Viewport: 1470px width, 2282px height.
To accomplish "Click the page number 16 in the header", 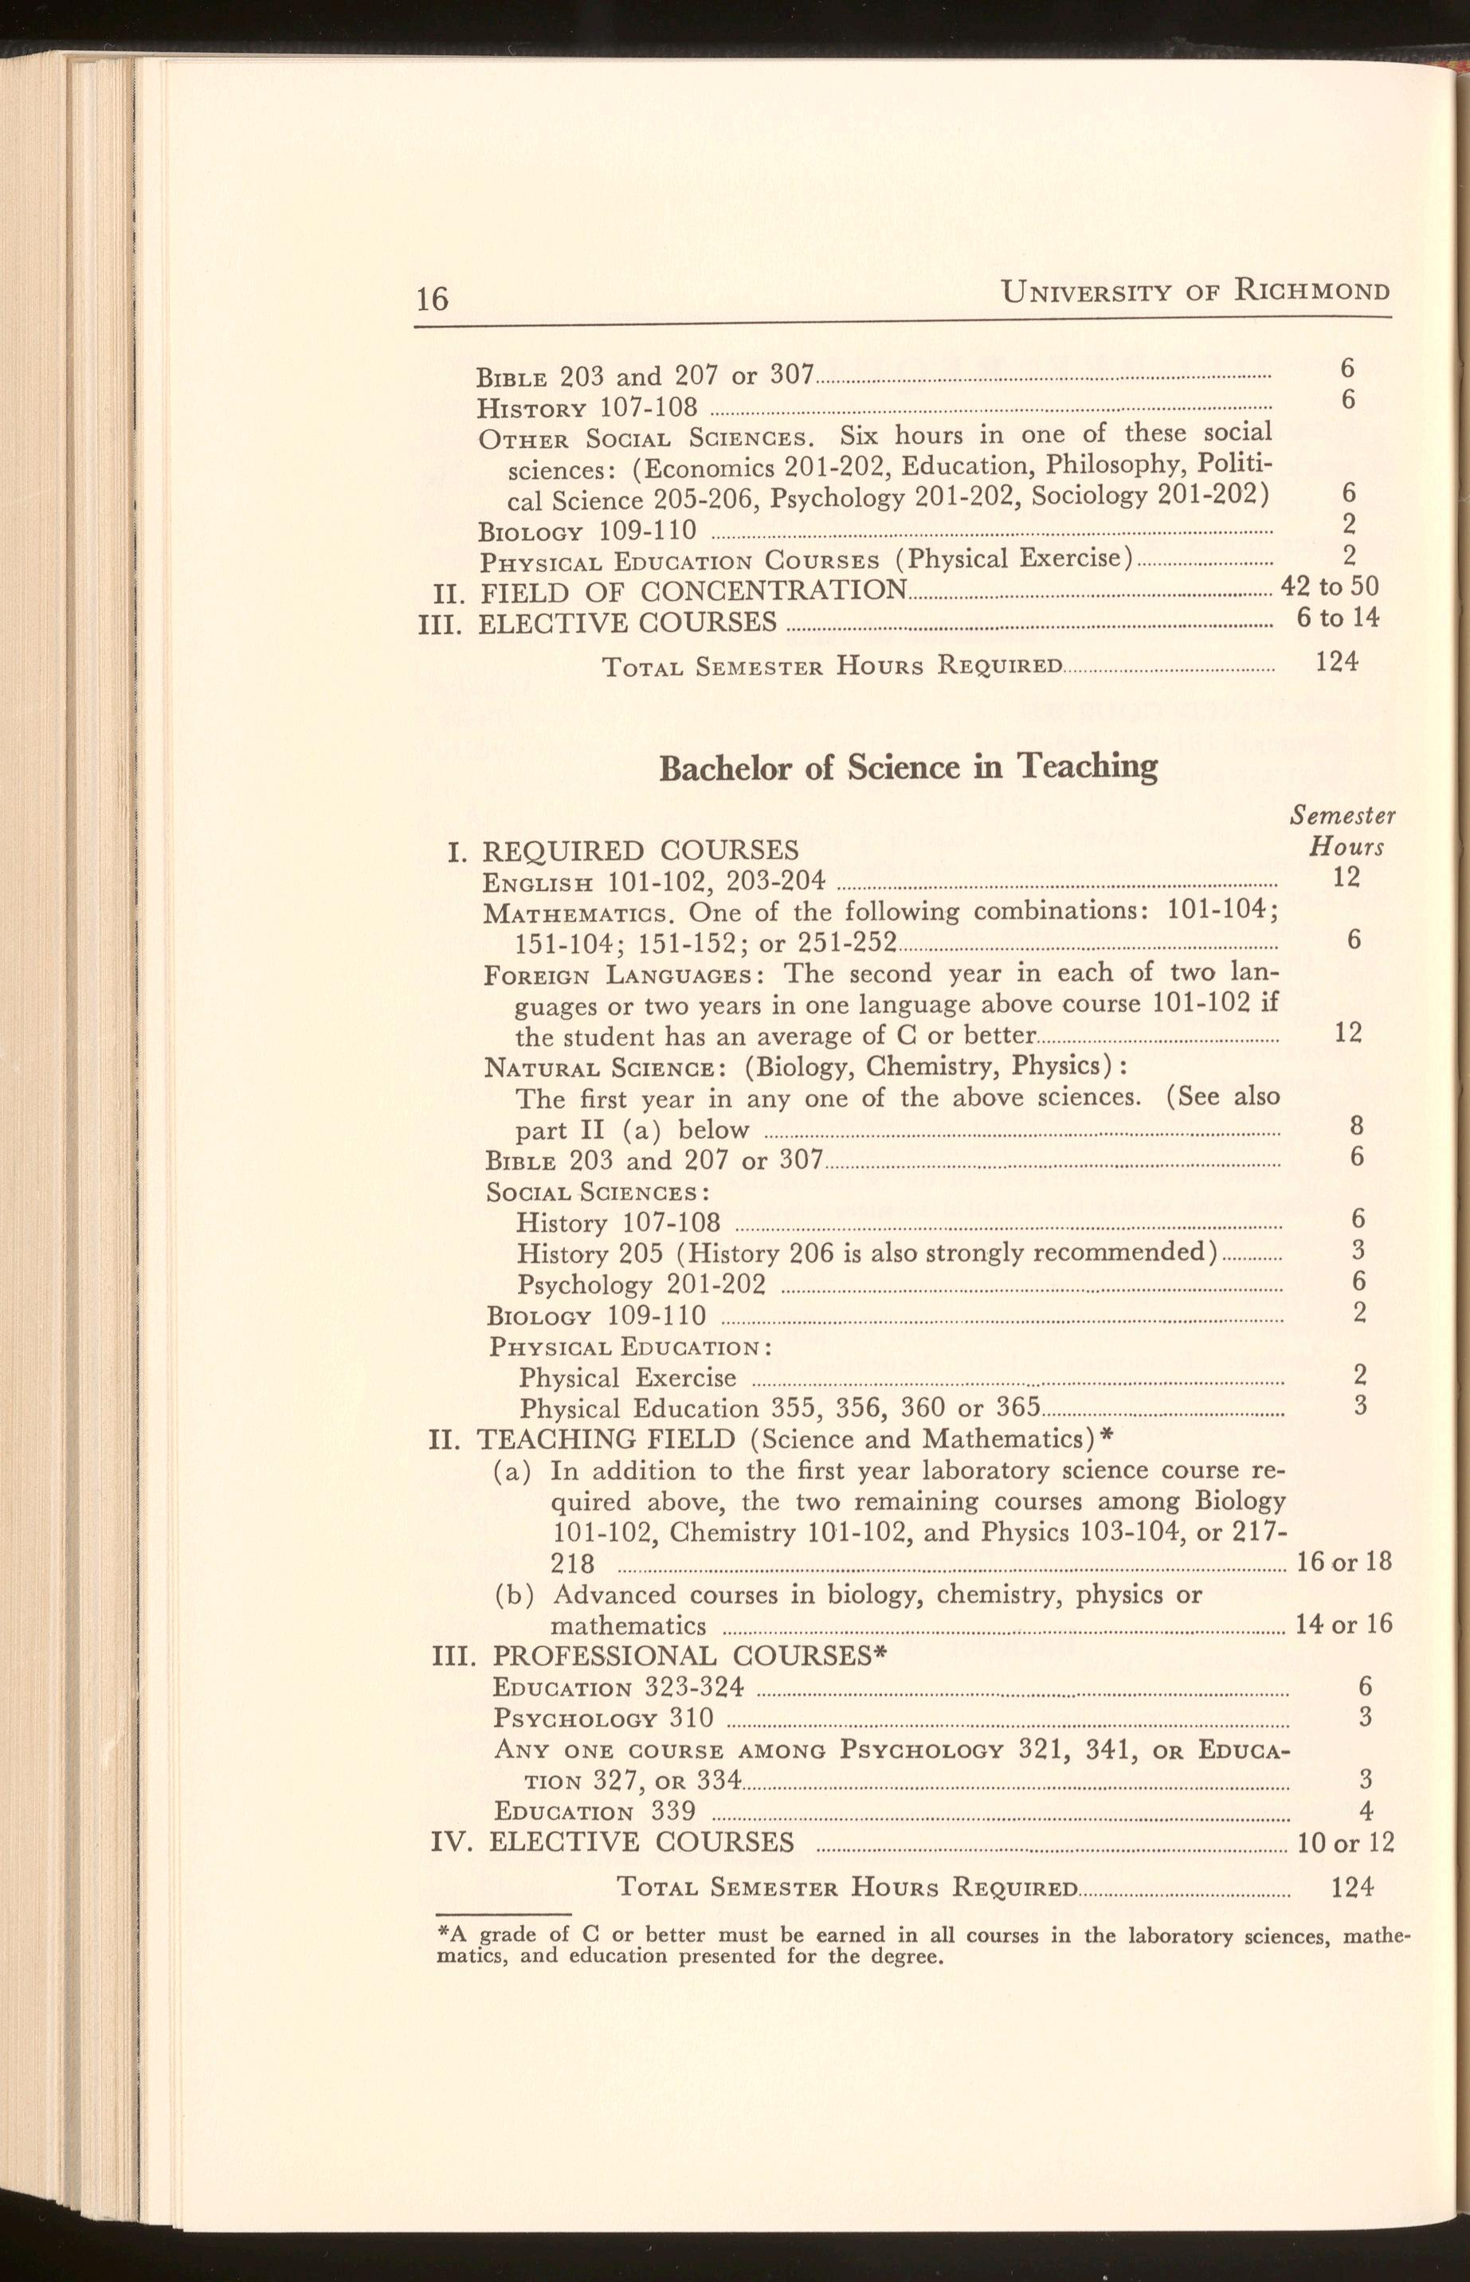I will point(432,299).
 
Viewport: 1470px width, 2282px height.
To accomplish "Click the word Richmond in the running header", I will point(1311,289).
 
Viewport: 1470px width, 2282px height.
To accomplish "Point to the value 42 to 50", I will point(1330,585).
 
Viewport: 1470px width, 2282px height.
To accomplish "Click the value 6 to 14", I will point(1337,618).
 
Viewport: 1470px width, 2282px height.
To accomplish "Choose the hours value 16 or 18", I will point(1344,1562).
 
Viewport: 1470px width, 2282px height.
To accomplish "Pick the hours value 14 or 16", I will point(1344,1624).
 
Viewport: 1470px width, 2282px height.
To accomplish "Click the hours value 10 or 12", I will point(1346,1842).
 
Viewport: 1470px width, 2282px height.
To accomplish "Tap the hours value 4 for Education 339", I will point(1366,1810).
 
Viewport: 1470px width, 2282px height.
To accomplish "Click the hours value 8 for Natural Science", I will point(1356,1126).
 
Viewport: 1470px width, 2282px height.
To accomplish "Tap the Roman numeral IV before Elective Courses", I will point(449,1841).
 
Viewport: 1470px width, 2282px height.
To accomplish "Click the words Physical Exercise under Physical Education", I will point(627,1378).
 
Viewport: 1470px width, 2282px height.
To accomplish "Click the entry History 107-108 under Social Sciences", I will point(617,1222).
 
